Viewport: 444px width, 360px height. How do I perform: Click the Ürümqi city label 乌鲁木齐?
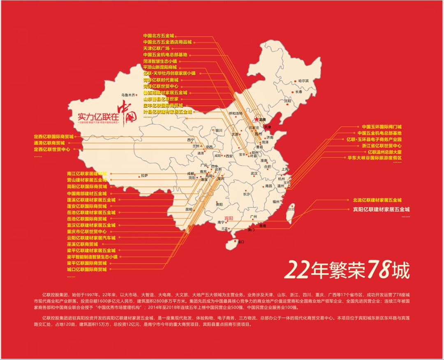click(128, 95)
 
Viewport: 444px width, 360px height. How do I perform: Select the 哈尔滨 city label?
click(303, 81)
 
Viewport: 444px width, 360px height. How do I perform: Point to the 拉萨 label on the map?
click(143, 175)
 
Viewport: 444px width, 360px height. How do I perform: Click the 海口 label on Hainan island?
click(240, 242)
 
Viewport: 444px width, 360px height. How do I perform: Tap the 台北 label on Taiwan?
click(291, 209)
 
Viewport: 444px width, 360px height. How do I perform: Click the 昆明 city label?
click(189, 209)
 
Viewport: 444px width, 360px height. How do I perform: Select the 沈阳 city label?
click(287, 101)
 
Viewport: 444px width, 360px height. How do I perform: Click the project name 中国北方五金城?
click(159, 36)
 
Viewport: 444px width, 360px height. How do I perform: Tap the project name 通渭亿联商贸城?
click(49, 143)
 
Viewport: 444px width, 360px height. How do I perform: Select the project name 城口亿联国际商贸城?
click(87, 269)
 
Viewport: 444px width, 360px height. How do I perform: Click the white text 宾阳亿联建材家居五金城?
click(381, 209)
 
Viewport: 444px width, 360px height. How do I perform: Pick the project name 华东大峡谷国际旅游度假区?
click(375, 158)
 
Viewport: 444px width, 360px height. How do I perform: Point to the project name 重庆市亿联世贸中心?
click(87, 232)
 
